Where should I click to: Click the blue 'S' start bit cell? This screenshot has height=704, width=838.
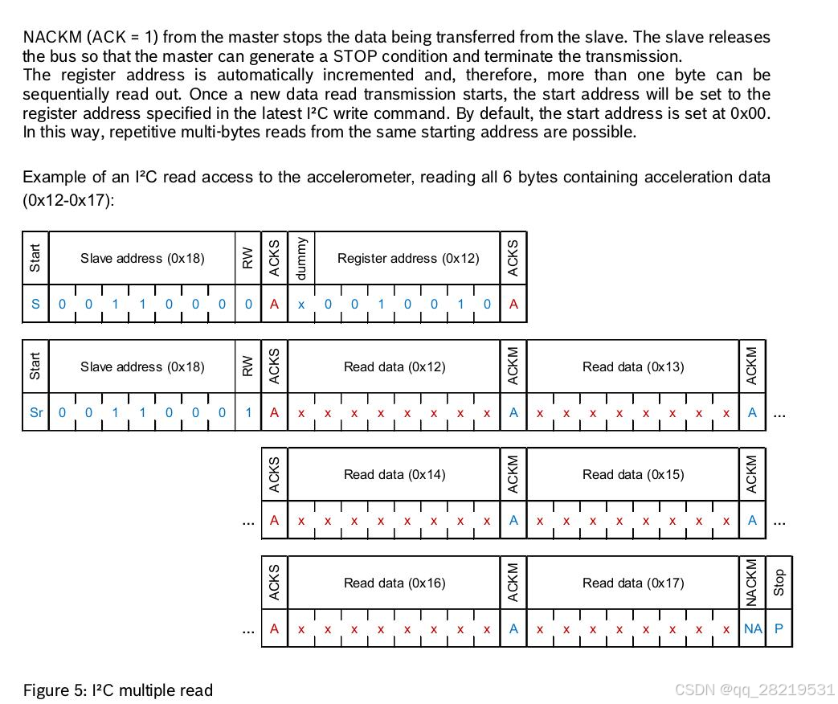pyautogui.click(x=35, y=305)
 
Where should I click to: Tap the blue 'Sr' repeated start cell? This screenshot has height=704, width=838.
pyautogui.click(x=36, y=413)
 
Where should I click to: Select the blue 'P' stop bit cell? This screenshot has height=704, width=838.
pyautogui.click(x=779, y=629)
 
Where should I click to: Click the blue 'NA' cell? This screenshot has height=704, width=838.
pyautogui.click(x=753, y=629)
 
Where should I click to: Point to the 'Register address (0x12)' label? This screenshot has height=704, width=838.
pyautogui.click(x=408, y=259)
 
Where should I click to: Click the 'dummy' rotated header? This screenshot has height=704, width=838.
pyautogui.click(x=301, y=258)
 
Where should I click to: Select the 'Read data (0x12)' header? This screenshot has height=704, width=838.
pyautogui.click(x=394, y=367)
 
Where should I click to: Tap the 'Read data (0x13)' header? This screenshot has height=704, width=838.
pyautogui.click(x=633, y=367)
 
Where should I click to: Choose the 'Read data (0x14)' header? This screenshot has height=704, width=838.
pyautogui.click(x=394, y=475)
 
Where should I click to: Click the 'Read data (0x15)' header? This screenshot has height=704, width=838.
pyautogui.click(x=633, y=475)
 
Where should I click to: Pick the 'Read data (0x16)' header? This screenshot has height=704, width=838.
pyautogui.click(x=394, y=583)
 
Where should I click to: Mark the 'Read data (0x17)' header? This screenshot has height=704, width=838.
pyautogui.click(x=633, y=583)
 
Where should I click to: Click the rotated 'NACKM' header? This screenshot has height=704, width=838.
pyautogui.click(x=753, y=583)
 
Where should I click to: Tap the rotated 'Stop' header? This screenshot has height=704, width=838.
pyautogui.click(x=779, y=583)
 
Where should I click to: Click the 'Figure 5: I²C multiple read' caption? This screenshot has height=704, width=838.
pyautogui.click(x=118, y=690)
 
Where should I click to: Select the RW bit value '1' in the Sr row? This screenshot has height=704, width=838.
pyautogui.click(x=248, y=413)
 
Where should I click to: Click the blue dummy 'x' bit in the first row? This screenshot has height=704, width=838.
pyautogui.click(x=301, y=305)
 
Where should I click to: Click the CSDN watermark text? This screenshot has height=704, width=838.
pyautogui.click(x=754, y=690)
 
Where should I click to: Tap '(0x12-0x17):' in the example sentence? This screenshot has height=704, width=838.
pyautogui.click(x=68, y=200)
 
